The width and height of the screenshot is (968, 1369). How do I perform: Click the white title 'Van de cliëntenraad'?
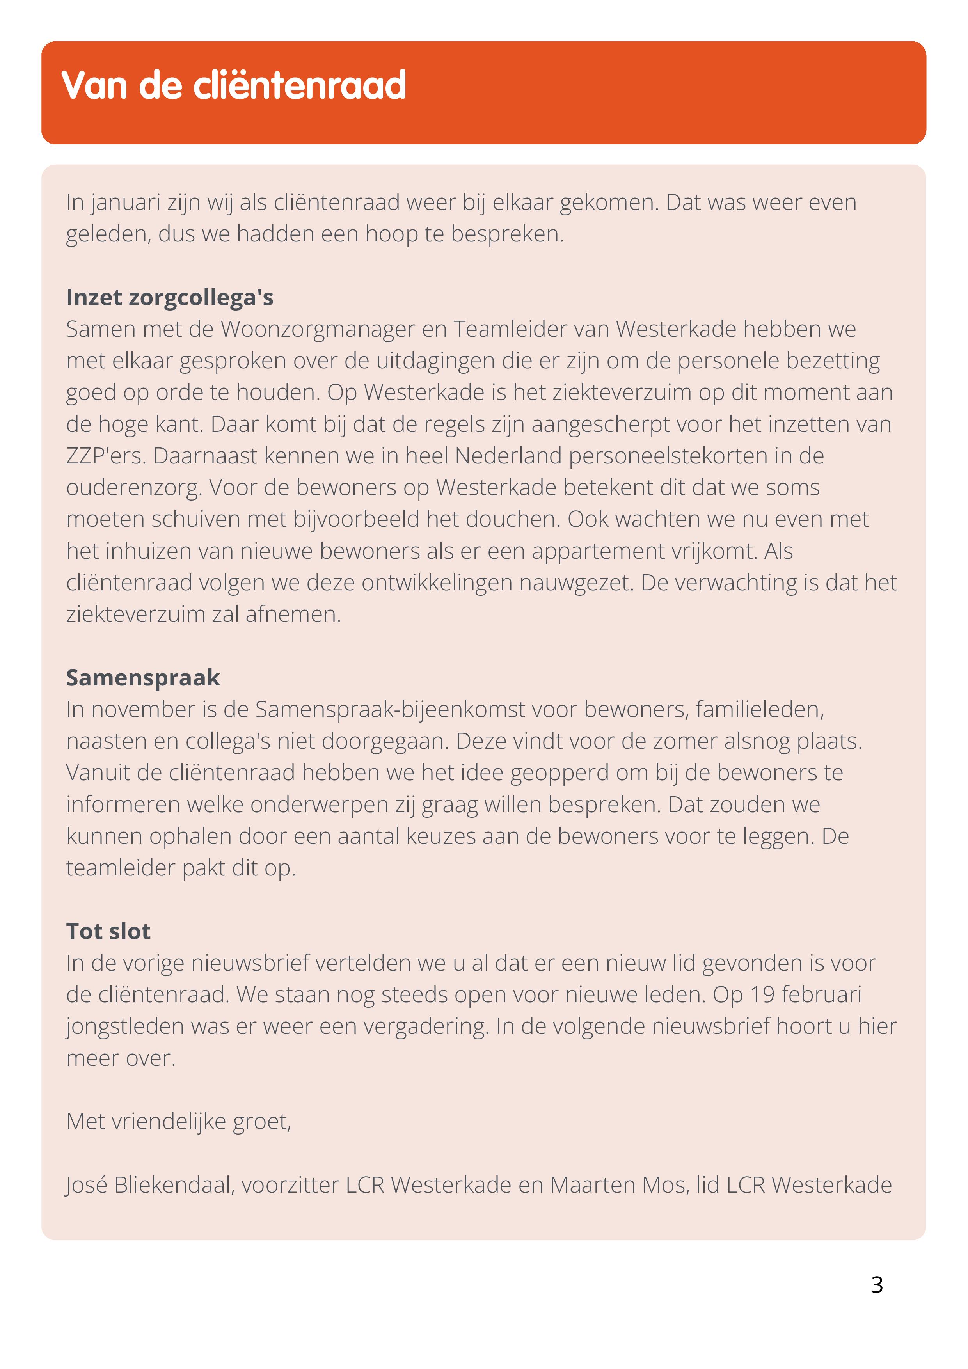(234, 85)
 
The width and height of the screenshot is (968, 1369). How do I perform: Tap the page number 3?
(876, 1285)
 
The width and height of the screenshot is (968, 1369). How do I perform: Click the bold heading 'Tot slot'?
(108, 931)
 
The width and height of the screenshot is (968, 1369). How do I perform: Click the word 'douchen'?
(512, 519)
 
